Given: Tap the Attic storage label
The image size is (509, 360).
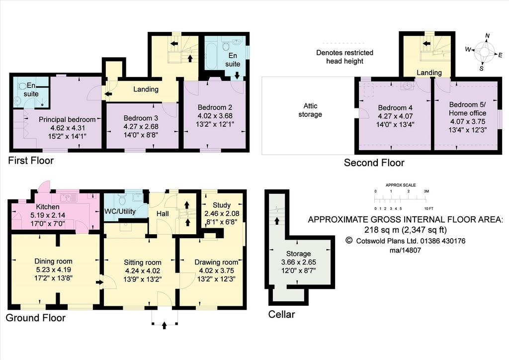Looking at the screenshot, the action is pos(310,110).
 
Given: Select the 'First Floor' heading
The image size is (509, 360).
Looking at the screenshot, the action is pos(31,161).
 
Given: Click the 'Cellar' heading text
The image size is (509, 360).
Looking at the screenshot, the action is pos(281,314).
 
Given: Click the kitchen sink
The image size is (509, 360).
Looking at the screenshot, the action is pos(68,197).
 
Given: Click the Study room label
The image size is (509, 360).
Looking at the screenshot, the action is pos(222,205).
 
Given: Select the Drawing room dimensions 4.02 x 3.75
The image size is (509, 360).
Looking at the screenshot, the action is pos(216,270).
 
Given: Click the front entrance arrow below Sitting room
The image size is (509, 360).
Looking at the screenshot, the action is pos(164,325).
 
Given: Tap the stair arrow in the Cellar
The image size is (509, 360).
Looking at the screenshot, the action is pos(277,221).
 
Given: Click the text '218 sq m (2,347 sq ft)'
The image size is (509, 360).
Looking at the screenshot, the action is pos(406,230).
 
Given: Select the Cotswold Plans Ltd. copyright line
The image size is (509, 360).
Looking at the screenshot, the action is pos(406,241).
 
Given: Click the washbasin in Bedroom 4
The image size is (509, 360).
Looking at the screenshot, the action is pos(406,86).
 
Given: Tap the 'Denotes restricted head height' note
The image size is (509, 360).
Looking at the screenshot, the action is pos(345,57).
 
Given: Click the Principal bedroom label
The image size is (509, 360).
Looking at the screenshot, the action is pos(67,119).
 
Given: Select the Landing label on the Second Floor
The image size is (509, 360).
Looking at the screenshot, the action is pos(429,73).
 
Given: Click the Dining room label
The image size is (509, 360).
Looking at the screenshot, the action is pos(54,262).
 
